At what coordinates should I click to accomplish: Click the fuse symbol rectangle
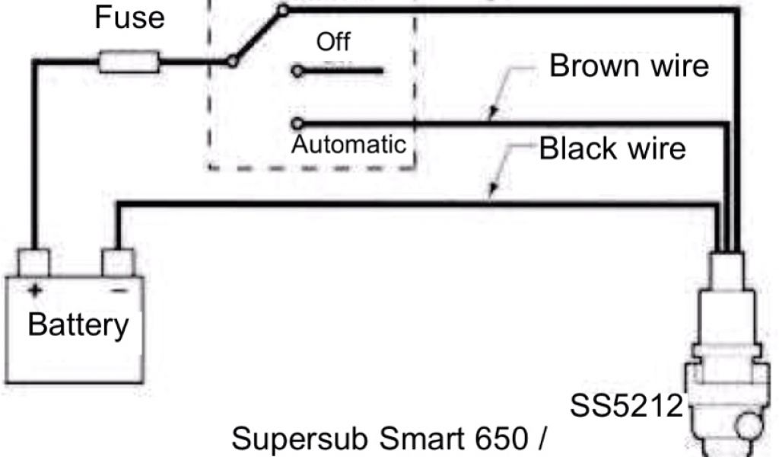point(129,62)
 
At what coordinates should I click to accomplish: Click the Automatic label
point(350,143)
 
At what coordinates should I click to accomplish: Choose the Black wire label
point(612,148)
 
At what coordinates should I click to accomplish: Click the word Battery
point(78,325)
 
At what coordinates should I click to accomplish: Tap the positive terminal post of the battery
point(33,263)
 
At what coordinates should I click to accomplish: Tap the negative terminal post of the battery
point(118,263)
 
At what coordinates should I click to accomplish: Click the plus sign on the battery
point(34,289)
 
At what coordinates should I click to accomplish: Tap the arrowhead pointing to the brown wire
point(493,115)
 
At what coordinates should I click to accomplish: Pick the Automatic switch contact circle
point(297,123)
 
